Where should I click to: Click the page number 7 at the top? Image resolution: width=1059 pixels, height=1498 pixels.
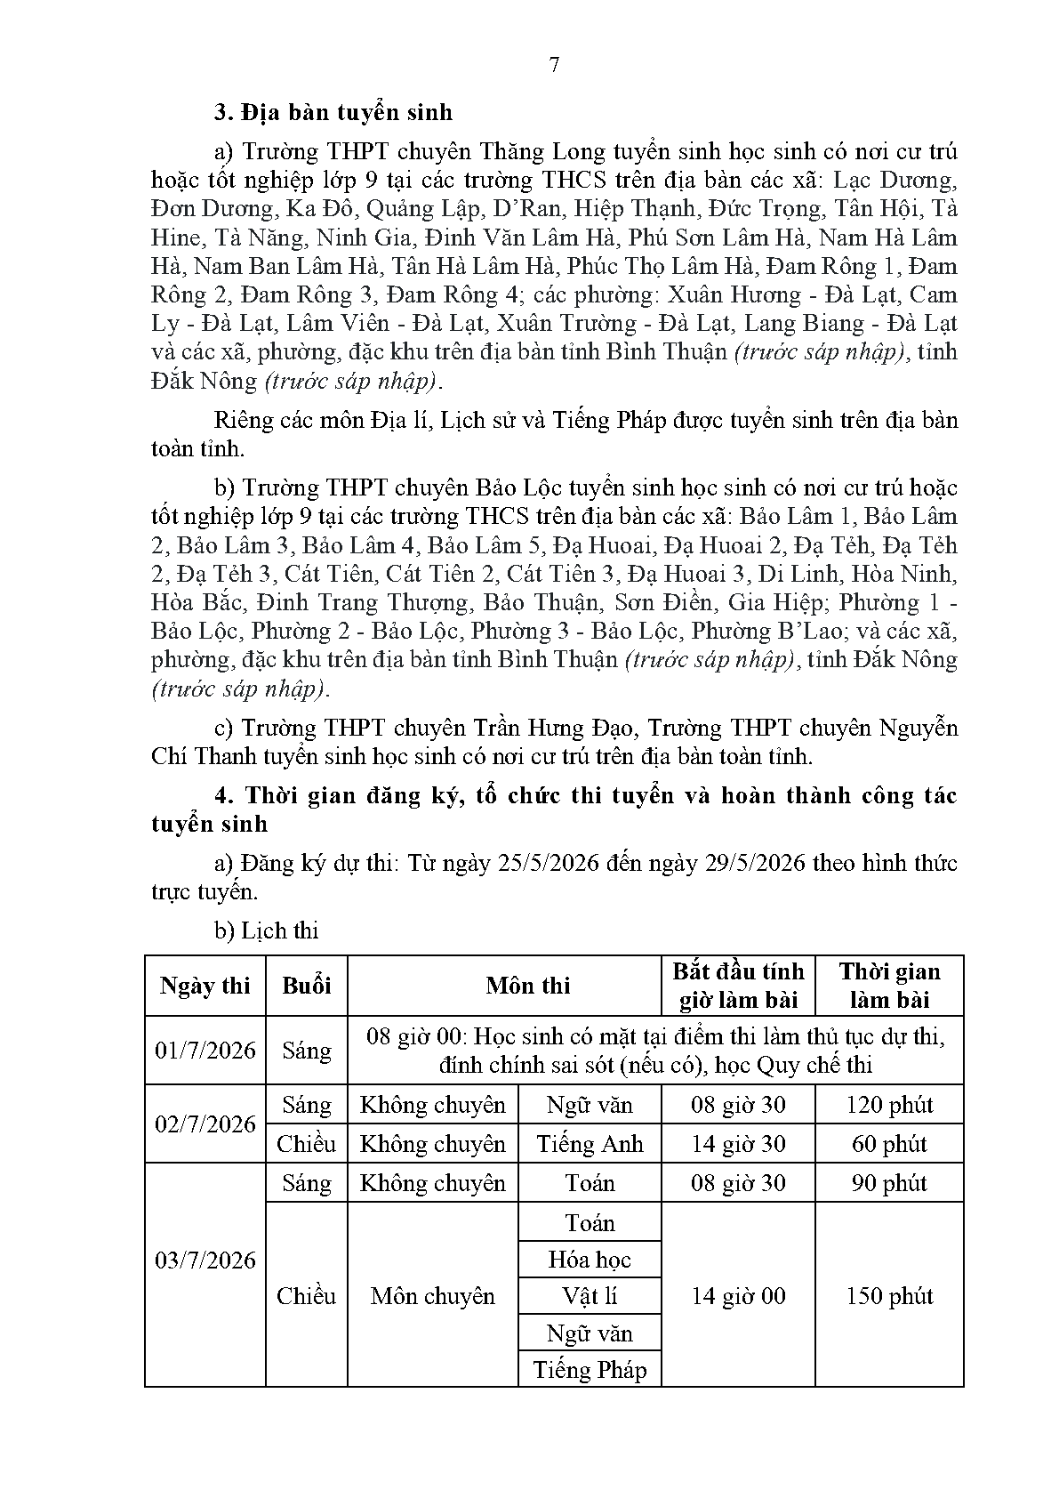coord(555,65)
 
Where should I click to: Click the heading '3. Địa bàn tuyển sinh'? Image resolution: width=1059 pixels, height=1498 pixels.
coord(333,112)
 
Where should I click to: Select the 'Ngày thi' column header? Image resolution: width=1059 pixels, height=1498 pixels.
coord(205,986)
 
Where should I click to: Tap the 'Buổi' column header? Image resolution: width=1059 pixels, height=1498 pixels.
coord(307,986)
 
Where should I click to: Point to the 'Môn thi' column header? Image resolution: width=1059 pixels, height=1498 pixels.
coord(528,986)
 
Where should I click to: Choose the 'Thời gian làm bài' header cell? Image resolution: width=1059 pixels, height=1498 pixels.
coord(889,986)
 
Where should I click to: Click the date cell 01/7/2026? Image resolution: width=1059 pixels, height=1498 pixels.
coord(205,1050)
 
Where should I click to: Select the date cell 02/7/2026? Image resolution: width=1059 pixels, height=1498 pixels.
coord(205,1123)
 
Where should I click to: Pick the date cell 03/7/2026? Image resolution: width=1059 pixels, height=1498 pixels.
coord(205,1260)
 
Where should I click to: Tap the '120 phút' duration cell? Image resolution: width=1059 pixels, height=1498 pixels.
coord(889,1105)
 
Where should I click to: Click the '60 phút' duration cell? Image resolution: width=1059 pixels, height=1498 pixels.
coord(889,1143)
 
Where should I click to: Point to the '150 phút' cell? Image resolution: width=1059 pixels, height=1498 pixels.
coord(889,1295)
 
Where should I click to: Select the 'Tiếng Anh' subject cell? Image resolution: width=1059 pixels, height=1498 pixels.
coord(590,1143)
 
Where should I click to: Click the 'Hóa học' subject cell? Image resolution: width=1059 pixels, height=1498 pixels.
coord(590,1259)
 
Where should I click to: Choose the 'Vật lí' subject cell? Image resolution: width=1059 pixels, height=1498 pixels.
coord(590,1295)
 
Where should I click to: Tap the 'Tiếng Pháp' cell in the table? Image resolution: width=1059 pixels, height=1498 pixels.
coord(590,1369)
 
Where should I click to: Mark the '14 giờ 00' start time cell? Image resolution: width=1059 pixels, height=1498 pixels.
coord(738,1295)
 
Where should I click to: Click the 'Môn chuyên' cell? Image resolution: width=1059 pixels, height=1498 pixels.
coord(432,1295)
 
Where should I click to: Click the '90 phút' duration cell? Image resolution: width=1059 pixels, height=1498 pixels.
coord(889,1182)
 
